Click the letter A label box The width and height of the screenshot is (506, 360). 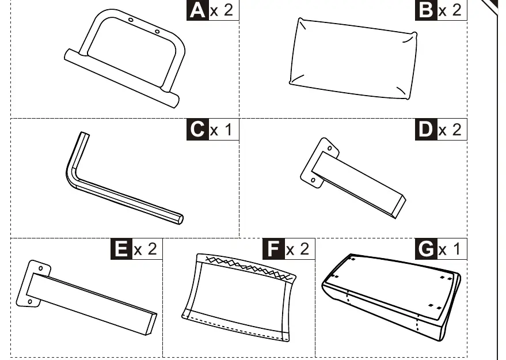tap(197, 10)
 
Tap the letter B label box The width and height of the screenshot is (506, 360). tap(426, 10)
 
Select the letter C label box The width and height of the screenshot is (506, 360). tap(197, 130)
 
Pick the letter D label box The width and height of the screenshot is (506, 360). tap(426, 130)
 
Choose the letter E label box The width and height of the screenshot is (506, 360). tap(121, 249)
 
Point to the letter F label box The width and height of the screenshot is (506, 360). tap(273, 249)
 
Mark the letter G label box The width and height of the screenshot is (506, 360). tap(426, 249)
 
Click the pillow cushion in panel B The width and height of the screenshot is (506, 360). tap(353, 59)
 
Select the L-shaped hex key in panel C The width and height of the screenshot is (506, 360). tap(97, 181)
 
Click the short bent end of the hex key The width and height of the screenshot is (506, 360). tap(85, 135)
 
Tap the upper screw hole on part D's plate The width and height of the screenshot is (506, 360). tap(329, 148)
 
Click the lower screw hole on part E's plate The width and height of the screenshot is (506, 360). tap(30, 302)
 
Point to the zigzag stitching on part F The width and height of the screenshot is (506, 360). tap(249, 267)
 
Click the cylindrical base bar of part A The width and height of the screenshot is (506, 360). tap(121, 78)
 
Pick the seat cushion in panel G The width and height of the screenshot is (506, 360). tap(391, 297)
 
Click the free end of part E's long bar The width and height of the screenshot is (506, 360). tap(151, 324)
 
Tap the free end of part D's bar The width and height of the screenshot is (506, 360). tap(401, 207)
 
